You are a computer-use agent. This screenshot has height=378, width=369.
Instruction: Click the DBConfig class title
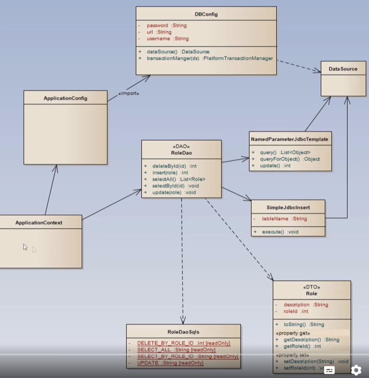tap(206, 14)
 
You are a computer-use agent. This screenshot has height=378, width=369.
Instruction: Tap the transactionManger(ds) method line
tap(210, 58)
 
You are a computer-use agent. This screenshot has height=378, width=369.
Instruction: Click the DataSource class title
tap(343, 69)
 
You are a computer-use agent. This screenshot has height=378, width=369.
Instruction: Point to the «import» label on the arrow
tap(129, 94)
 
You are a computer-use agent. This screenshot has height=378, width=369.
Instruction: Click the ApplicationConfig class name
tap(65, 98)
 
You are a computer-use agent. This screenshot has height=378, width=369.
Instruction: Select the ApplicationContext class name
tap(39, 223)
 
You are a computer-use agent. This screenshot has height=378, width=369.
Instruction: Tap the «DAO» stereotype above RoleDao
tap(181, 146)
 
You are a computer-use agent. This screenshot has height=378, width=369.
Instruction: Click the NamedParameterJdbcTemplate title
tap(290, 139)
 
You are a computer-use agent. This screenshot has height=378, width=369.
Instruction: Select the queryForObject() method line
tap(290, 159)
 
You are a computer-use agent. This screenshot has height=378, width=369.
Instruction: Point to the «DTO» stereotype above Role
tap(312, 287)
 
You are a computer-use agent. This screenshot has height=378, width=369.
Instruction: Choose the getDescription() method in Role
tap(311, 340)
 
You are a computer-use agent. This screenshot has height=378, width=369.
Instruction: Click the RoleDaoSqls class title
tap(183, 332)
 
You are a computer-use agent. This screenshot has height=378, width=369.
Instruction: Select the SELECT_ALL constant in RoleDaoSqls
tap(176, 350)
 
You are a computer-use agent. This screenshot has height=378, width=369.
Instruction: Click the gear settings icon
tap(356, 370)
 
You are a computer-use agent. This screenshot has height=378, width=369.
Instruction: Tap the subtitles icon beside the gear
tap(330, 370)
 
